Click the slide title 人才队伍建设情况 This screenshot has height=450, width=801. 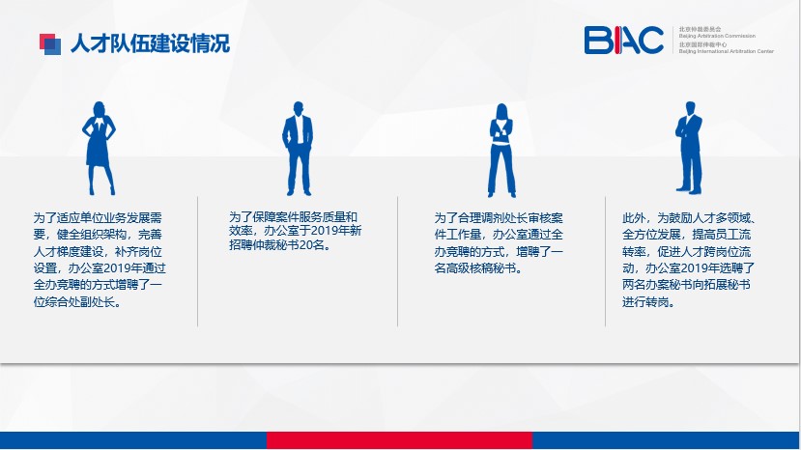click(150, 43)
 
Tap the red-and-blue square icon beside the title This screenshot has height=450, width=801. click(50, 43)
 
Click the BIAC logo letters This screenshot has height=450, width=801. click(624, 40)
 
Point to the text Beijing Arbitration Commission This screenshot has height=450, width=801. click(717, 36)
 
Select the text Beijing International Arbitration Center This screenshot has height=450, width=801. click(726, 51)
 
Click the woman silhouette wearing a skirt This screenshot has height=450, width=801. click(100, 148)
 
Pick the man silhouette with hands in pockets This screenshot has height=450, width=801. click(298, 148)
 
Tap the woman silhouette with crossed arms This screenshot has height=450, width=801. click(501, 151)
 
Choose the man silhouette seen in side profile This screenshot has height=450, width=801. click(689, 148)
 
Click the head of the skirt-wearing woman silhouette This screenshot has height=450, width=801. click(99, 109)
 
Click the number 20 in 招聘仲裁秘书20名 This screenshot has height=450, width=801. click(305, 245)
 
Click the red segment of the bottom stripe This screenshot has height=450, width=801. click(399, 440)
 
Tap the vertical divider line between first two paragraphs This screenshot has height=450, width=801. click(198, 261)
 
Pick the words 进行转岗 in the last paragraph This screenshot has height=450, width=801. click(645, 302)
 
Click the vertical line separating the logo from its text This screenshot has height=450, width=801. click(672, 40)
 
